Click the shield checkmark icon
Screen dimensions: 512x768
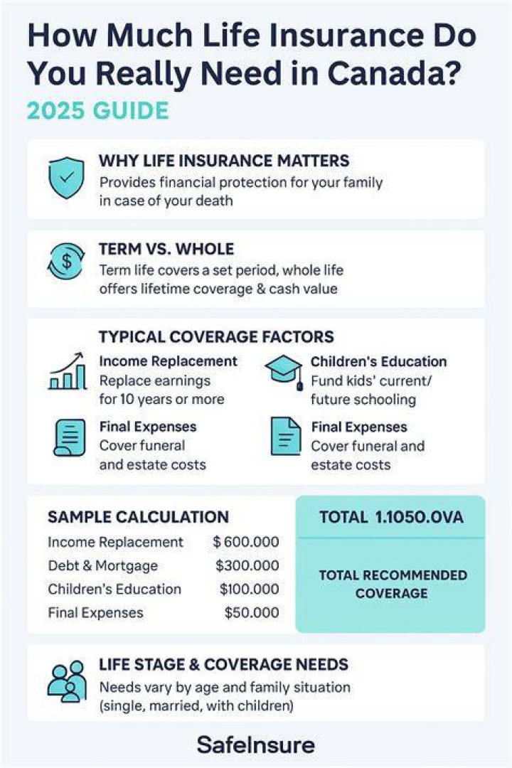67,177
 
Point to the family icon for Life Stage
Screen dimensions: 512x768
67,682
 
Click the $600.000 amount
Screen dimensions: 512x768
246,542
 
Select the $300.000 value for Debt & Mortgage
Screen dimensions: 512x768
247,565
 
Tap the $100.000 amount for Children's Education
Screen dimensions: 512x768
250,589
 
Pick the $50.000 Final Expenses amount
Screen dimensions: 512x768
252,612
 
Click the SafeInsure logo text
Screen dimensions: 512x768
256,745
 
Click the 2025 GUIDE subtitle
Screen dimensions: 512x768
98,111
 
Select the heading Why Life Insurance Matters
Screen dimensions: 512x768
225,161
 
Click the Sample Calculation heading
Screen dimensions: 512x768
138,517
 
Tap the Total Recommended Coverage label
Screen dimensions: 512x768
393,584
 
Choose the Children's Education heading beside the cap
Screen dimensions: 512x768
379,361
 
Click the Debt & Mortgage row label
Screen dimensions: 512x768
103,566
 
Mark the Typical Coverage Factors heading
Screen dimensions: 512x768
216,337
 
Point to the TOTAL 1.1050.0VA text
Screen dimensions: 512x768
391,517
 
